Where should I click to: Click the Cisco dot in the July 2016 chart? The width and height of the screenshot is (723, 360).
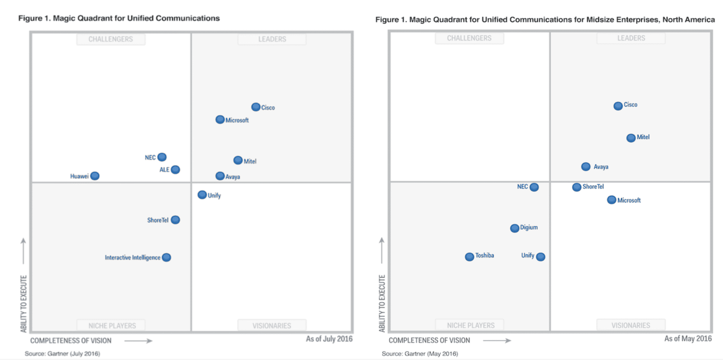tap(256, 107)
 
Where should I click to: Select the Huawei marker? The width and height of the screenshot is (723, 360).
tap(95, 176)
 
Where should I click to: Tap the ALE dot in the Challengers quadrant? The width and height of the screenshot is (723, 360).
tap(175, 169)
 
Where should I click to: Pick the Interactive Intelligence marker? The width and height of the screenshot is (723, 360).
tap(166, 257)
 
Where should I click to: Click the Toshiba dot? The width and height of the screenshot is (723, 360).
tap(469, 257)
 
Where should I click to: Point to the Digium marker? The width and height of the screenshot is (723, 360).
tap(514, 228)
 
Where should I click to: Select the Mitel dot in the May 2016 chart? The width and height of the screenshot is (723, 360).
tap(631, 138)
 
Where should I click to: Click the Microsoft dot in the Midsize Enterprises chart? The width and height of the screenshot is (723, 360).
tap(612, 200)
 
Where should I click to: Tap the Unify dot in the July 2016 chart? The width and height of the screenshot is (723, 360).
tap(202, 195)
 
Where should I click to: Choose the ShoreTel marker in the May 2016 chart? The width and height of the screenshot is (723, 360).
tap(577, 187)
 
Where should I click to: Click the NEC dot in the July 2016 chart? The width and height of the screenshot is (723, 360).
tap(162, 157)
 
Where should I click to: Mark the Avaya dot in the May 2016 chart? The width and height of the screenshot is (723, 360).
tap(586, 166)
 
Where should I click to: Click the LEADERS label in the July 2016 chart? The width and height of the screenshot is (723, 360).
tap(272, 39)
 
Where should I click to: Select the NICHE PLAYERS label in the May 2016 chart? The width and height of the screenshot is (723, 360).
tap(470, 325)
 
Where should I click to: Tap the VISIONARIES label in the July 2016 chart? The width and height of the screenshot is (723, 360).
tap(272, 326)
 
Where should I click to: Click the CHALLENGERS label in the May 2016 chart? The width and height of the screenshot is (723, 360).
tap(469, 38)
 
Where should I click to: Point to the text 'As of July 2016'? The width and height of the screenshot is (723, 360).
tap(329, 339)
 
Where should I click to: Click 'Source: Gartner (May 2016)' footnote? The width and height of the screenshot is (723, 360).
tap(419, 354)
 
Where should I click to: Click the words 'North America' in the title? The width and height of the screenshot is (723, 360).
tap(688, 20)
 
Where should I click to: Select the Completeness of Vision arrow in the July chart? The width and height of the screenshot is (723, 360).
tap(138, 341)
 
